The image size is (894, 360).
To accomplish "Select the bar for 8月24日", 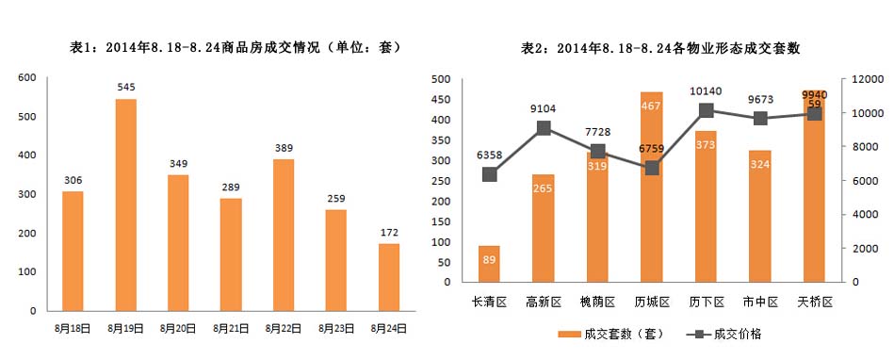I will [x=389, y=277].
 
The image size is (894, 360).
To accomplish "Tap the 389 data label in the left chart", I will [x=284, y=149].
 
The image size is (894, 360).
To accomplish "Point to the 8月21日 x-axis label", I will [x=231, y=327].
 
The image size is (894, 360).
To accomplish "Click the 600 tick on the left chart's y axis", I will [x=27, y=78].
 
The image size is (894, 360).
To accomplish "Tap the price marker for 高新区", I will [x=544, y=128].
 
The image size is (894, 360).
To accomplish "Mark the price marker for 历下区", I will [x=707, y=111].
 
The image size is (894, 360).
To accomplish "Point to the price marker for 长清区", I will [x=490, y=174].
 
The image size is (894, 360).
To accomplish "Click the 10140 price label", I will [x=706, y=91].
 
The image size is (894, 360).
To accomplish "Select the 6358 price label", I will [x=490, y=154].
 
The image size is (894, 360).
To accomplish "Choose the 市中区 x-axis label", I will [x=760, y=302].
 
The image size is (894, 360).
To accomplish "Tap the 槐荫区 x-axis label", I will [x=597, y=302].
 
